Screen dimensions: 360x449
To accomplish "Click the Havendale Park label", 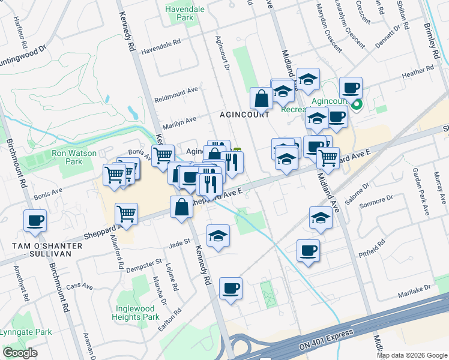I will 187,13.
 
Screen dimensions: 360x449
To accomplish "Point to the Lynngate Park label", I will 25,332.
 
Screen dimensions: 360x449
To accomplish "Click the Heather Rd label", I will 418,72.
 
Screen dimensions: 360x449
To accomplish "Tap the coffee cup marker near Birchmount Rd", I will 35,220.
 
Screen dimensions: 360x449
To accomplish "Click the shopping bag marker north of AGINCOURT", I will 262,98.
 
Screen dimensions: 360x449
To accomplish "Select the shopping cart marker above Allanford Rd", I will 127,214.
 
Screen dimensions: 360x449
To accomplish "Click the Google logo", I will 20,353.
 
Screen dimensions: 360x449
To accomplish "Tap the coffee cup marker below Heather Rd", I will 351,88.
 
